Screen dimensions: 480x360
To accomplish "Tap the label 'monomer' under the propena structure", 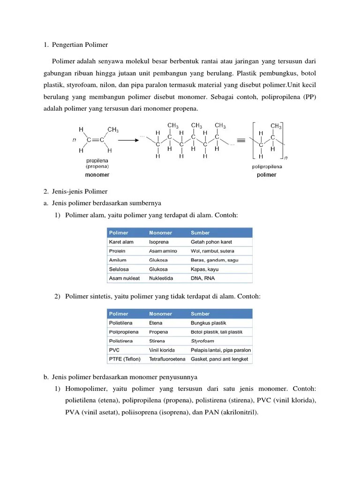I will (x=97, y=175).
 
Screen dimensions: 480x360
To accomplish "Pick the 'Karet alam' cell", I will (x=121, y=242).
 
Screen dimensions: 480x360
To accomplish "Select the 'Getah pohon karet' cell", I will (x=211, y=242).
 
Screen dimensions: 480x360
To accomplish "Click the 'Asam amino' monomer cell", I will (x=163, y=251).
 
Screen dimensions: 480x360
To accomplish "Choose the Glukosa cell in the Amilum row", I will (x=158, y=260).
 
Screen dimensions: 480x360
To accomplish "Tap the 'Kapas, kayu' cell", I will (x=204, y=270).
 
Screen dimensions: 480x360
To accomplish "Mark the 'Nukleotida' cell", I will (x=161, y=278).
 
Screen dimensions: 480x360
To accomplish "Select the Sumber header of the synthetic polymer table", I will (x=200, y=314).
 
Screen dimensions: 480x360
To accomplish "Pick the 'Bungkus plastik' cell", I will (x=208, y=323).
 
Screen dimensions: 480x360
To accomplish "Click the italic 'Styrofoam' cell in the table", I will (x=202, y=341).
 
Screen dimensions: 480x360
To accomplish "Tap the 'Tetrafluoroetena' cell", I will (x=167, y=359).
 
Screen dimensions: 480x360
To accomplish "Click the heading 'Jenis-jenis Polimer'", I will (x=80, y=191).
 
